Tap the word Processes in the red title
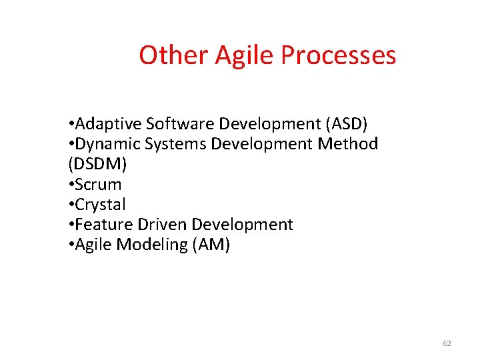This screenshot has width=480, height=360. tap(338, 55)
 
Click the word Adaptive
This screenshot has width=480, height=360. tap(109, 124)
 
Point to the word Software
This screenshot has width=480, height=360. tap(181, 124)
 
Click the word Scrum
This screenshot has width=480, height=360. tap(98, 184)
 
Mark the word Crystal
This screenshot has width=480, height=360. tap(101, 205)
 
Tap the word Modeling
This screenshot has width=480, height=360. tap(151, 245)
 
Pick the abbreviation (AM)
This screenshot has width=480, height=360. tap(211, 245)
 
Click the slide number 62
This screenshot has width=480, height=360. tap(447, 343)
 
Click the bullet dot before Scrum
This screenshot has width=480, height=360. tap(71, 185)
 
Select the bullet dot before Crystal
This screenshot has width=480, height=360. tap(71, 205)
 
